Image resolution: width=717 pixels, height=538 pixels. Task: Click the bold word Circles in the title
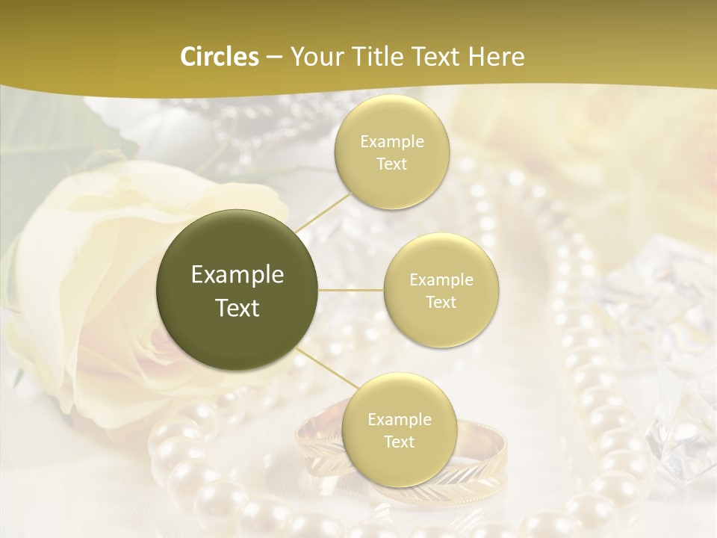pos(220,57)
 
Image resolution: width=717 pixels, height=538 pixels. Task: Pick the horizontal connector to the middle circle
pos(351,289)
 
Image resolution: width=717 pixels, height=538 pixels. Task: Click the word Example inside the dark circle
pos(238,275)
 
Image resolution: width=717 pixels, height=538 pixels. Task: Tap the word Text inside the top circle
pos(392,164)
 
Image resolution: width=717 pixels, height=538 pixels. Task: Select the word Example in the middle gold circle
pos(441,279)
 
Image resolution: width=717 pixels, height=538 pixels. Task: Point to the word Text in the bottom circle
pos(400,442)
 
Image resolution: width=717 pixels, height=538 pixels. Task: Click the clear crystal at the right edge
pos(672,418)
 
